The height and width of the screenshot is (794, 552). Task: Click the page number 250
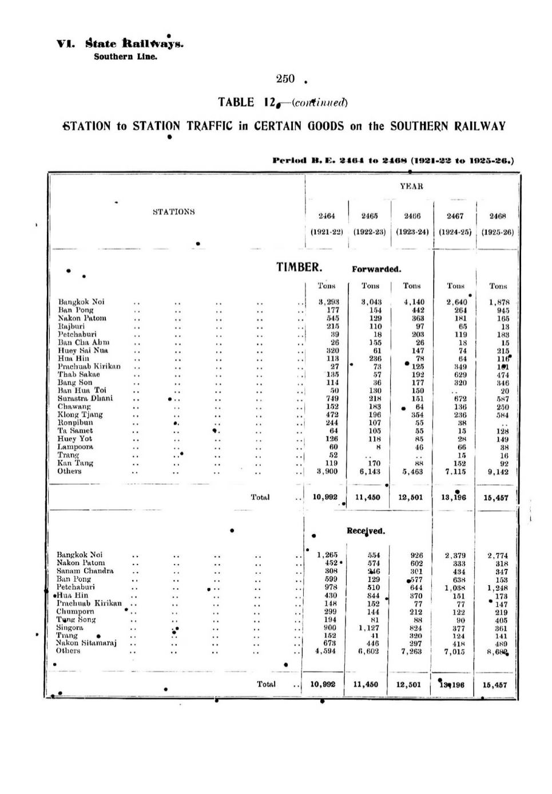(285, 79)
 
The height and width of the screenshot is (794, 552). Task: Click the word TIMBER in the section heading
(299, 267)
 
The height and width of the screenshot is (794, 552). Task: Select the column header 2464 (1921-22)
(326, 224)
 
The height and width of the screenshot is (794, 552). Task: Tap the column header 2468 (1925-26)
(498, 224)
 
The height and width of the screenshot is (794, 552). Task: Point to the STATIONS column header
(174, 212)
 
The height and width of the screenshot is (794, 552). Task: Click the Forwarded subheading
(376, 269)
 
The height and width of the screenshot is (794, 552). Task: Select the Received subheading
(366, 531)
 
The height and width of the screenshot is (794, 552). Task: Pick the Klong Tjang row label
(80, 414)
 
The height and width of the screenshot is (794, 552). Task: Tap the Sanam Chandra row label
(85, 571)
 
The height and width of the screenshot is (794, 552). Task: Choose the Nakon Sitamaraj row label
(86, 643)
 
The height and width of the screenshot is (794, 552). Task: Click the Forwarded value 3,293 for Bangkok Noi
(329, 302)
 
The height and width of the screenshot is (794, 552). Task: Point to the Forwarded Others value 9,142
(497, 472)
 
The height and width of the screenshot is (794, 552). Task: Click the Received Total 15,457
(495, 685)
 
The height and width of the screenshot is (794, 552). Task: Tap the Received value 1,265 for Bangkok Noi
(327, 555)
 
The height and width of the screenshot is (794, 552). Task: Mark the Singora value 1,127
(369, 627)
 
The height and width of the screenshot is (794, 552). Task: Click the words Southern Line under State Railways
(125, 57)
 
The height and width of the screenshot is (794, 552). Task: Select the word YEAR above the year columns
(411, 186)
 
